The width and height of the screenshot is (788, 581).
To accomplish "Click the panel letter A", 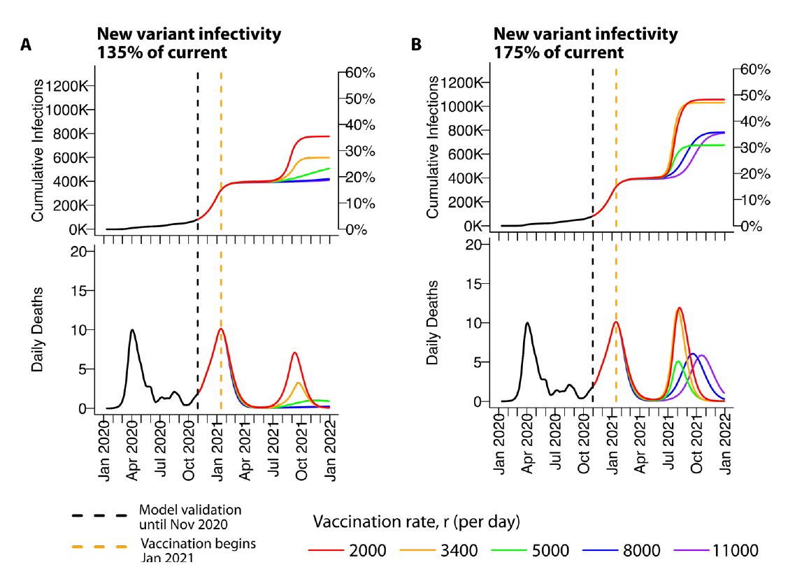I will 26,45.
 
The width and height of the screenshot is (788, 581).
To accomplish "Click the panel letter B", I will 417,45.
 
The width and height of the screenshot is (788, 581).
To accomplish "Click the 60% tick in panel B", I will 752,69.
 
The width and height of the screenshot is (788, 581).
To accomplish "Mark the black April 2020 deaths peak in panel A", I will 131,330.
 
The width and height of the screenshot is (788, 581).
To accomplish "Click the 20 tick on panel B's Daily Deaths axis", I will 474,244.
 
